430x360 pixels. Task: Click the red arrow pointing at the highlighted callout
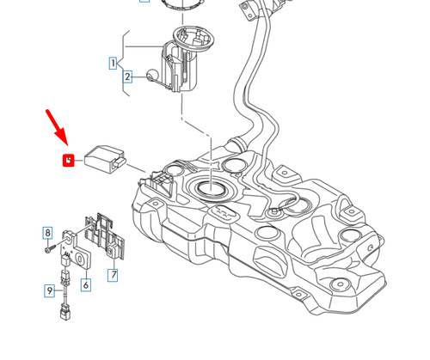(57, 125)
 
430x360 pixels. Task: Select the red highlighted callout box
(69, 160)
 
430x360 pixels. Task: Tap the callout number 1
(113, 63)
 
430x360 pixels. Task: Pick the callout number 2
(127, 76)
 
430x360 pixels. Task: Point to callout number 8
(48, 233)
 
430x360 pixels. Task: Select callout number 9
(50, 291)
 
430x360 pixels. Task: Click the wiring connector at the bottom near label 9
(65, 311)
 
